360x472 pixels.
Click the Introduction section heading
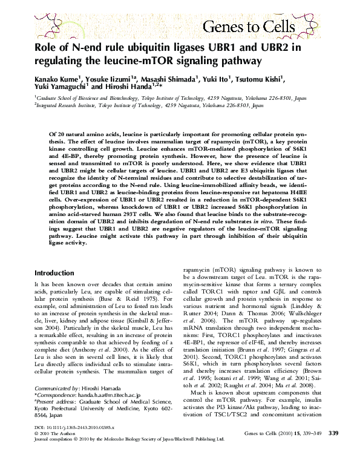[x=59, y=273]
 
